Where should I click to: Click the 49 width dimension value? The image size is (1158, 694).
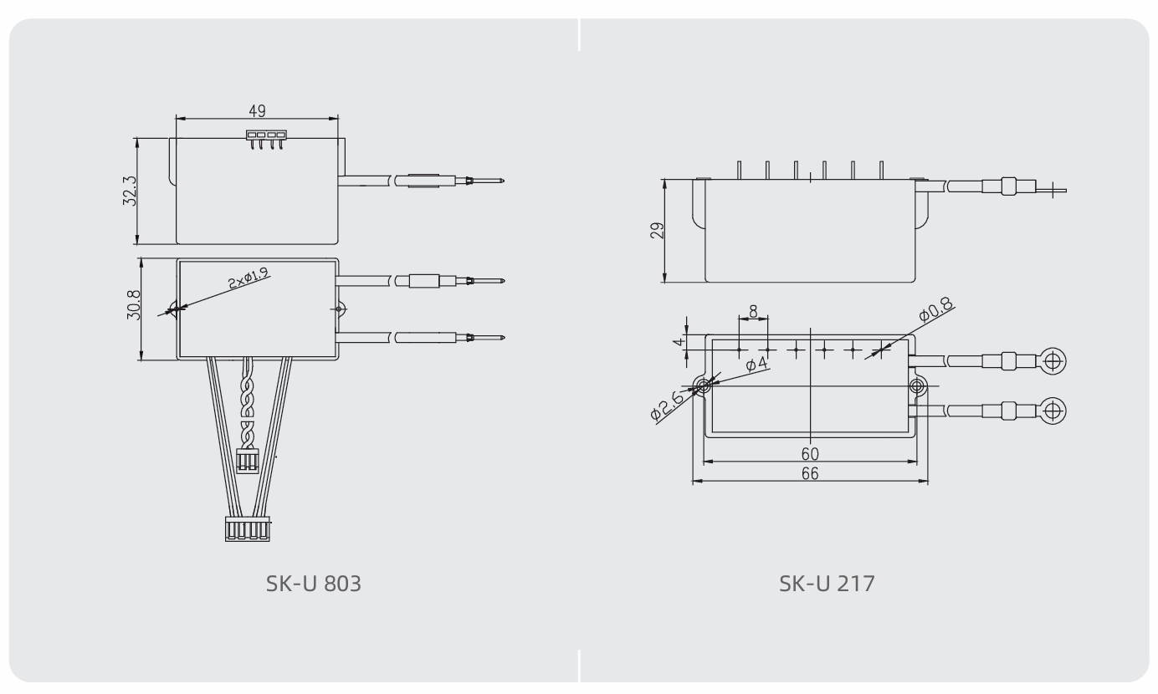(257, 110)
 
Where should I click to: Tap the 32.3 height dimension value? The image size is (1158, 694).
(129, 191)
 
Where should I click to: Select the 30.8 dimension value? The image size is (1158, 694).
(133, 304)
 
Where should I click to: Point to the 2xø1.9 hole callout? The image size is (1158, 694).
(249, 278)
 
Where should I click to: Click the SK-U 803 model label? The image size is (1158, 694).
(313, 584)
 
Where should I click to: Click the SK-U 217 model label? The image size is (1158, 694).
(827, 584)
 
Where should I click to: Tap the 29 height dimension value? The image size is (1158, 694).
(657, 230)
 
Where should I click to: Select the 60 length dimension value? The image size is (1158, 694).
(810, 454)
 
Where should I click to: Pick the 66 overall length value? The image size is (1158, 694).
(810, 473)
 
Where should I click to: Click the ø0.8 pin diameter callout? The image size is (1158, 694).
(935, 309)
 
